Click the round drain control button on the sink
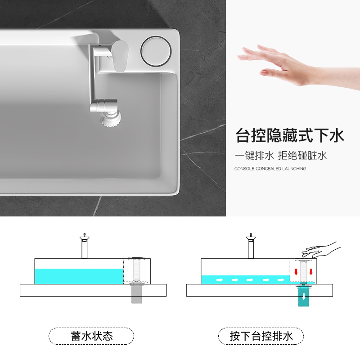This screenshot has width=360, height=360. click(x=156, y=51)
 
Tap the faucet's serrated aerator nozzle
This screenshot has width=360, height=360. click(x=111, y=119)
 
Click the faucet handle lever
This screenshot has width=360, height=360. click(x=120, y=56)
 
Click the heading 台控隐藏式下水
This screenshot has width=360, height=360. click(x=290, y=135)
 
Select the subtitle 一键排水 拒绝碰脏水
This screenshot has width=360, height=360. click(x=280, y=155)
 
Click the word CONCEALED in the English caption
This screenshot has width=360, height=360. click(x=268, y=169)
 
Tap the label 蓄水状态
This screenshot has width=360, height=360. click(x=92, y=336)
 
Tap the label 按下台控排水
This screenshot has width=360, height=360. click(x=261, y=336)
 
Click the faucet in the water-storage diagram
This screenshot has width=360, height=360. click(x=85, y=246)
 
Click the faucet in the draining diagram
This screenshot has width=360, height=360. click(x=251, y=246)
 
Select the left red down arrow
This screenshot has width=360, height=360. click(x=296, y=272)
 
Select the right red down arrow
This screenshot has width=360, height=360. click(x=311, y=272)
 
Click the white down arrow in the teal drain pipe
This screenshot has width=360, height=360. click(x=304, y=297)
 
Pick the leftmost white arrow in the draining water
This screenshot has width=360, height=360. click(x=220, y=280)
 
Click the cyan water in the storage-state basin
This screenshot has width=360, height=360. click(x=79, y=276)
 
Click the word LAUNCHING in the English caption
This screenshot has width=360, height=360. click(x=294, y=169)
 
